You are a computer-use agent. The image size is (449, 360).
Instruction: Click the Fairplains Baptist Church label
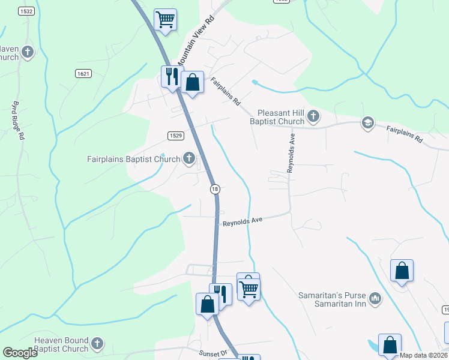tap(133, 159)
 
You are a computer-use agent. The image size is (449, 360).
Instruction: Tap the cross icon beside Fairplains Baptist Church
tap(189, 159)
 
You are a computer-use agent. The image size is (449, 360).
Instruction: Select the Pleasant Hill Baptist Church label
tap(281, 117)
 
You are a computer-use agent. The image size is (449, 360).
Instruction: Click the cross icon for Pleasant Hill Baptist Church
tap(313, 115)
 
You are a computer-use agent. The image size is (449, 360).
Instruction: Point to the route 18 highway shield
tap(215, 189)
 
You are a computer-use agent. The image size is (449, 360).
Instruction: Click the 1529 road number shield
tap(175, 136)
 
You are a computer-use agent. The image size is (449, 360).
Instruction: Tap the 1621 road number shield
tap(83, 73)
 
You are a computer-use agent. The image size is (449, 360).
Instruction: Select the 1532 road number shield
tap(26, 11)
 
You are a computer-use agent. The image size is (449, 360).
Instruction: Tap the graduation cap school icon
tap(367, 124)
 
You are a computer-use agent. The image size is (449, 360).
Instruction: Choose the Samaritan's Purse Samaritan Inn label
tap(332, 299)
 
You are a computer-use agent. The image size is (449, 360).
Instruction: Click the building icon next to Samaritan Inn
tap(375, 298)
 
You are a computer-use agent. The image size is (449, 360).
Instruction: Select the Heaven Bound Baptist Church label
tap(61, 344)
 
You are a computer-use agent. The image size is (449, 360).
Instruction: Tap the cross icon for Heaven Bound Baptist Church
tap(97, 344)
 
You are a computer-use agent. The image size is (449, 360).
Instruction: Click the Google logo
tap(20, 353)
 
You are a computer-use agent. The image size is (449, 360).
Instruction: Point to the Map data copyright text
tap(423, 355)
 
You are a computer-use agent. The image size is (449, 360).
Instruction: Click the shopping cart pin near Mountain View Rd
tap(165, 19)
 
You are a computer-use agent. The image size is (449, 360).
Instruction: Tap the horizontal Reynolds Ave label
tap(243, 221)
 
